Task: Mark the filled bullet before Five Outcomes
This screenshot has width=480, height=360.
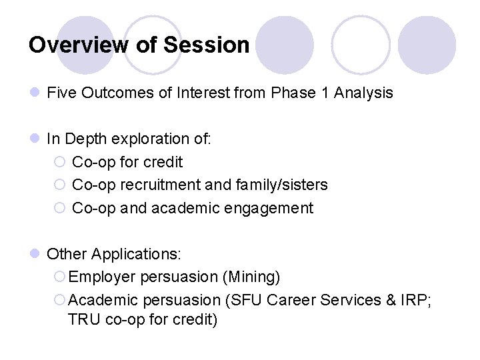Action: pyautogui.click(x=35, y=93)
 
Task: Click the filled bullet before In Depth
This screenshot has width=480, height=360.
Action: pyautogui.click(x=35, y=139)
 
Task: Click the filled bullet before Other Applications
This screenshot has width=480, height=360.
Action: pyautogui.click(x=35, y=254)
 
